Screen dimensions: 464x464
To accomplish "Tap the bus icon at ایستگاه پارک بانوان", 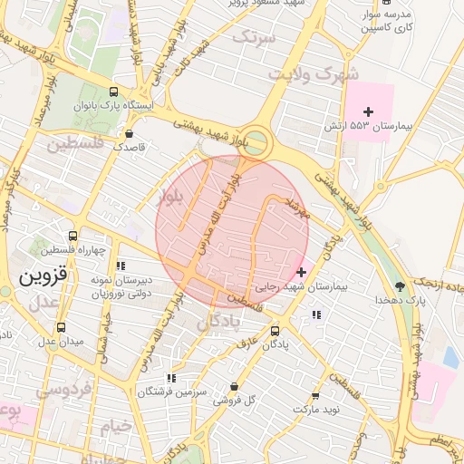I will coord(113,92).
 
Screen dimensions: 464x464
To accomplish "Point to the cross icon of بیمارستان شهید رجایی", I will coord(301,272).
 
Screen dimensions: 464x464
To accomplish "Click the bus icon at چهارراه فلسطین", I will coord(72,236).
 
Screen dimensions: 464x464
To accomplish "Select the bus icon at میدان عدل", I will coord(61,327).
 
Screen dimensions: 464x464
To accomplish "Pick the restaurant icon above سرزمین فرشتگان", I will coord(170,378).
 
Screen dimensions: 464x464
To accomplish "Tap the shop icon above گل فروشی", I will coord(234,386).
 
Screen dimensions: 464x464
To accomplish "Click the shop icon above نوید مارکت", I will coord(315,396).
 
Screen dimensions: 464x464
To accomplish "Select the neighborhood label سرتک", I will coord(253,37).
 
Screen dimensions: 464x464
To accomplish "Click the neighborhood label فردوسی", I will coord(63,390).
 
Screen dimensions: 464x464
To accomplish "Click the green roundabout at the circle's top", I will coord(257,141).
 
